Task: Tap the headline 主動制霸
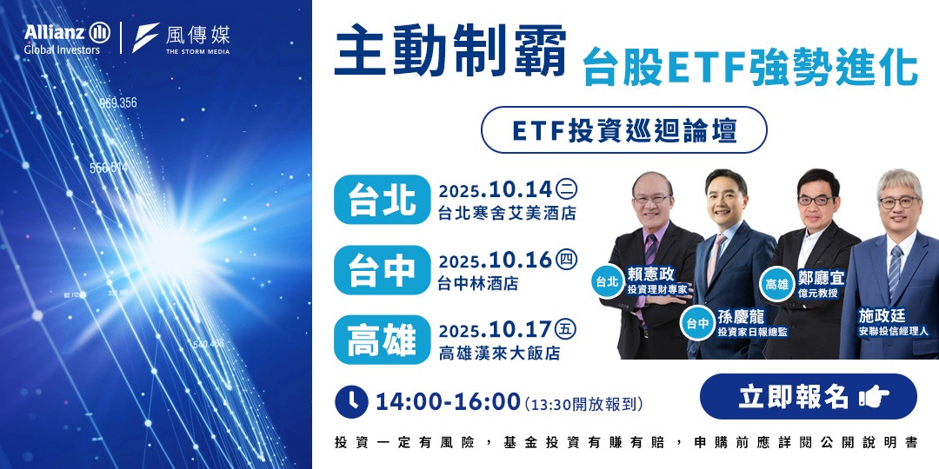(451, 53)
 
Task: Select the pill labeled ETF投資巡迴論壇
(624, 129)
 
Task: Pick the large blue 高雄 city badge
(382, 340)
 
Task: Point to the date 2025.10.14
(496, 190)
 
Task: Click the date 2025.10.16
(496, 261)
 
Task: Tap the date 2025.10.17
(496, 330)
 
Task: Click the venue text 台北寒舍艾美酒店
(508, 213)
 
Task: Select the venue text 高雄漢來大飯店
(499, 353)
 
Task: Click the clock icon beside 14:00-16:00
(351, 400)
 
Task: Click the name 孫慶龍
(741, 317)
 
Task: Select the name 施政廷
(882, 316)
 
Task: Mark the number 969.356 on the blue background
(117, 102)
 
